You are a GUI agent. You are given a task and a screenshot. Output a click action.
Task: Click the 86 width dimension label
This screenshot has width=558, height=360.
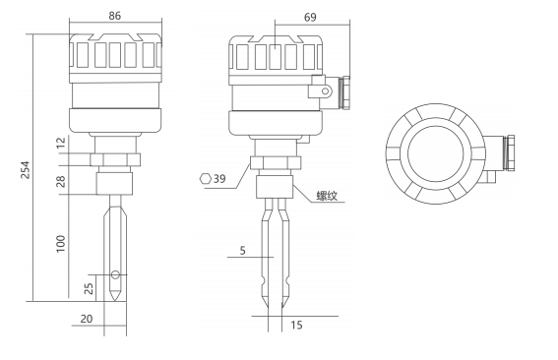[114, 16]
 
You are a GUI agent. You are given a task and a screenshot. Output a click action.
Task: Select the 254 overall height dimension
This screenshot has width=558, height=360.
[26, 170]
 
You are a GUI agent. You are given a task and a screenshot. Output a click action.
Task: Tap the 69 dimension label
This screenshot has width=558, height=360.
[310, 17]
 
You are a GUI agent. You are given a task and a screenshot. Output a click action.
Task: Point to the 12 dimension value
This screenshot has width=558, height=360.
[61, 143]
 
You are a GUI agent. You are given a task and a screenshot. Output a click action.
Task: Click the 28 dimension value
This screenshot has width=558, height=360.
[61, 181]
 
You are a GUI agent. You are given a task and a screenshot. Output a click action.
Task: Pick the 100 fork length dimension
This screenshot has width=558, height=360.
[61, 244]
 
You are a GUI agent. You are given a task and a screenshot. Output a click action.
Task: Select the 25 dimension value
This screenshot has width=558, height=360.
[89, 288]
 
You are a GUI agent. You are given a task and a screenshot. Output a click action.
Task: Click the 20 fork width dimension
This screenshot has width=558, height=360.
[87, 319]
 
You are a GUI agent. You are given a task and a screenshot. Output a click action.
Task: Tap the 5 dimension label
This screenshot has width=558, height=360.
[242, 251]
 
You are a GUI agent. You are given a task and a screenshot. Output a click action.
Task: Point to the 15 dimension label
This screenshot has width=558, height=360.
[296, 325]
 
